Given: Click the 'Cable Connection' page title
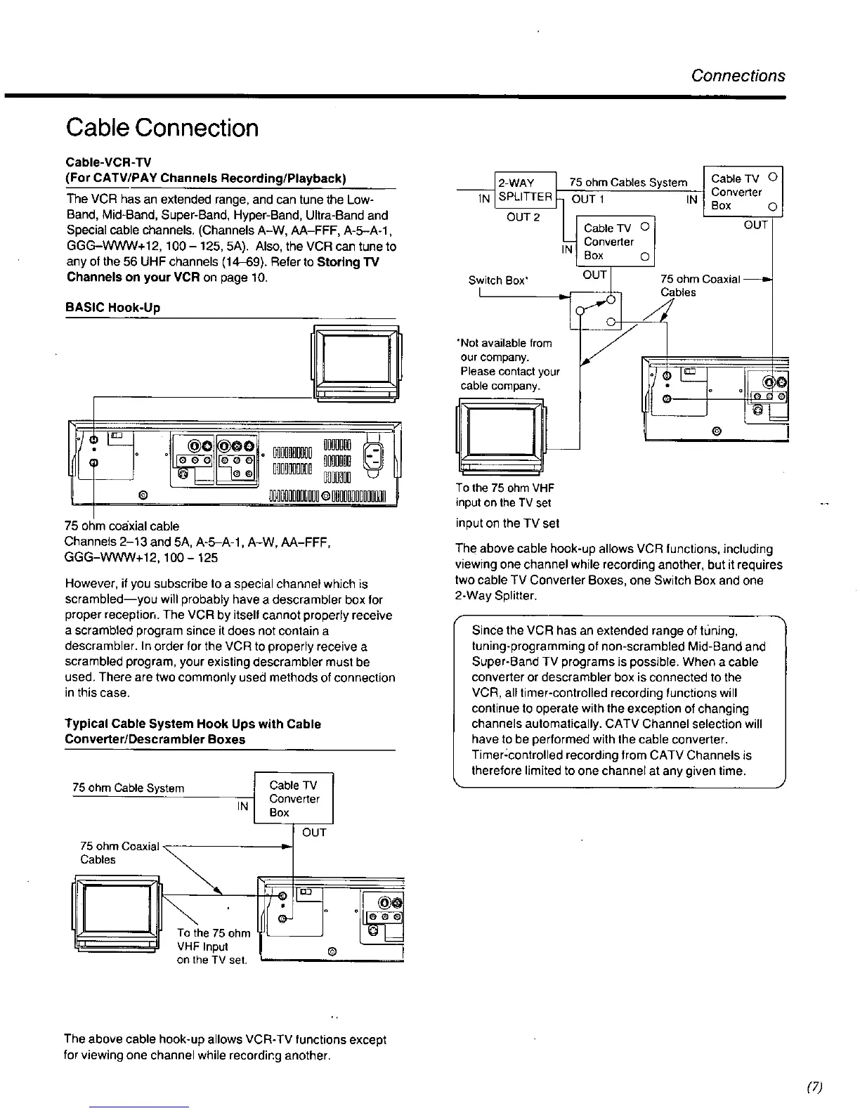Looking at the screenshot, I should pyautogui.click(x=162, y=129).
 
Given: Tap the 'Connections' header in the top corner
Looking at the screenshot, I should pyautogui.click(x=738, y=76).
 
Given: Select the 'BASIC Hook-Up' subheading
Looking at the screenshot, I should pyautogui.click(x=112, y=307).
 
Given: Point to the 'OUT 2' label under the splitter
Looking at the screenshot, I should pyautogui.click(x=523, y=216).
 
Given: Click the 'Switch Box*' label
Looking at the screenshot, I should pyautogui.click(x=498, y=280).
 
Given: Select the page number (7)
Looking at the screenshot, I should pyautogui.click(x=814, y=1087).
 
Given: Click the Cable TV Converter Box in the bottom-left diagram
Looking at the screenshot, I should pyautogui.click(x=294, y=799).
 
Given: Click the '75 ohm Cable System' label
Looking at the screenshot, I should pyautogui.click(x=129, y=788).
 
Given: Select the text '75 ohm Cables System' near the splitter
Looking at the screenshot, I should pyautogui.click(x=628, y=183).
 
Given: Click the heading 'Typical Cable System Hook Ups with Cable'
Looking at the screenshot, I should pyautogui.click(x=193, y=724).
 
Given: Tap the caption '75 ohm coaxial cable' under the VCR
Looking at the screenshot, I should pyautogui.click(x=122, y=526).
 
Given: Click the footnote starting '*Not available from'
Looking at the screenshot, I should pyautogui.click(x=504, y=343).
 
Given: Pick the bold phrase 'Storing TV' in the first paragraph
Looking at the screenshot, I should pyautogui.click(x=348, y=262).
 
